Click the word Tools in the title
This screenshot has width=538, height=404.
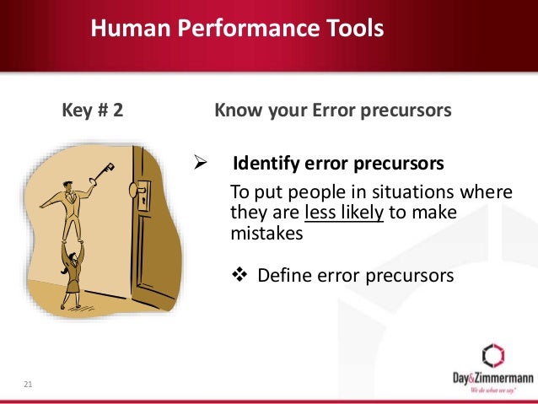click(349, 30)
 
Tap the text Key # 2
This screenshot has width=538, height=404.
click(93, 110)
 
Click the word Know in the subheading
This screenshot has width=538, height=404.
click(236, 110)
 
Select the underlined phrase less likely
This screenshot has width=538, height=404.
click(343, 213)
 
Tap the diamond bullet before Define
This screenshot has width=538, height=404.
click(239, 275)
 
